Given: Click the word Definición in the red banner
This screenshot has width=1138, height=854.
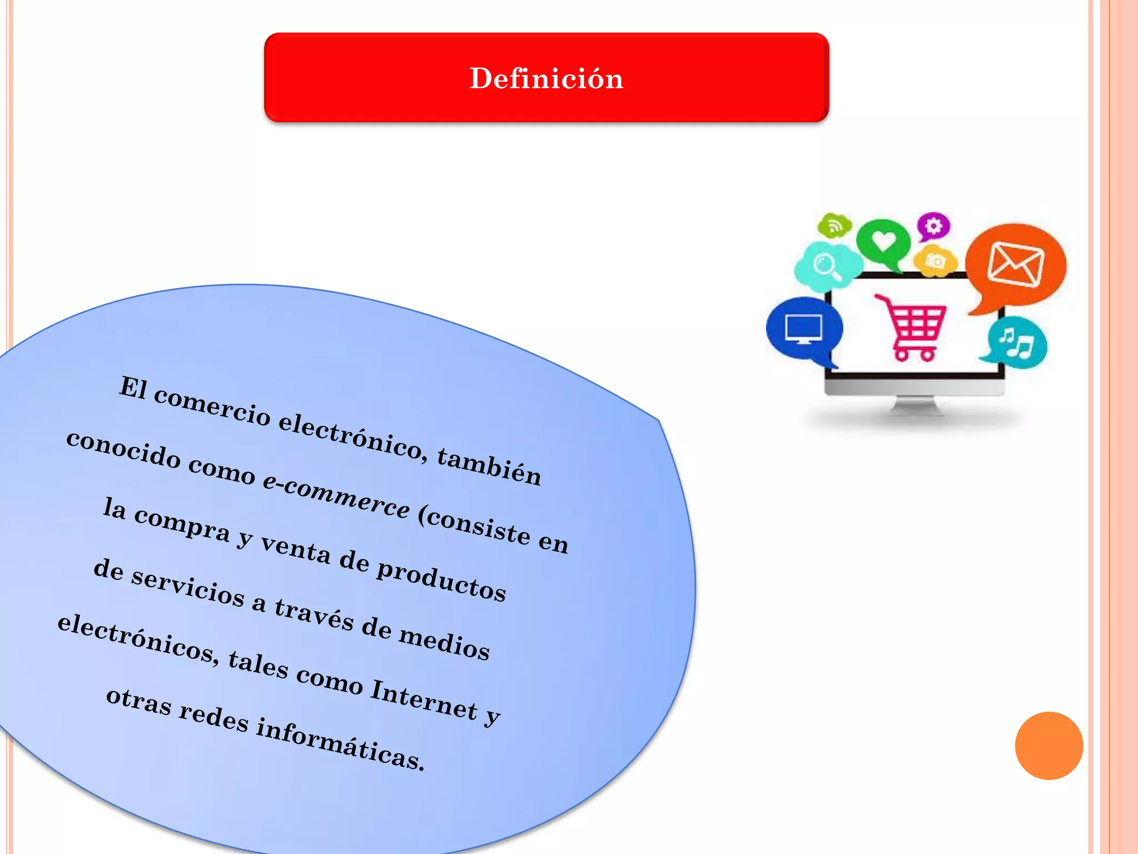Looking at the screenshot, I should point(546,78).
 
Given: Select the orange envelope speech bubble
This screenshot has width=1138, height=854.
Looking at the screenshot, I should point(1016,265).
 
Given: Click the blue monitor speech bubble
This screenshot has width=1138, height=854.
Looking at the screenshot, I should point(803,329).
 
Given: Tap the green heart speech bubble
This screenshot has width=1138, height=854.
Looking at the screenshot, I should point(883,242).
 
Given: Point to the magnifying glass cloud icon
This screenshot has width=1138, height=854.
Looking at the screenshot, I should point(826,266).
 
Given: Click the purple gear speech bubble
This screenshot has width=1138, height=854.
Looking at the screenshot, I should point(934,226).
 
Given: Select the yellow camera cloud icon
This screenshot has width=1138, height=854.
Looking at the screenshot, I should point(936,260).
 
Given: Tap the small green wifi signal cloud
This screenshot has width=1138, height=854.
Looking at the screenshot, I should point(834,225).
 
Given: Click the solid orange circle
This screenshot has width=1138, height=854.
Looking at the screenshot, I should point(1049,746).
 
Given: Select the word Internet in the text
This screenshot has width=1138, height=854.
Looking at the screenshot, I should point(424,699).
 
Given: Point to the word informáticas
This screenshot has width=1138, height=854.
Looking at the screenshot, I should point(340,744).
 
